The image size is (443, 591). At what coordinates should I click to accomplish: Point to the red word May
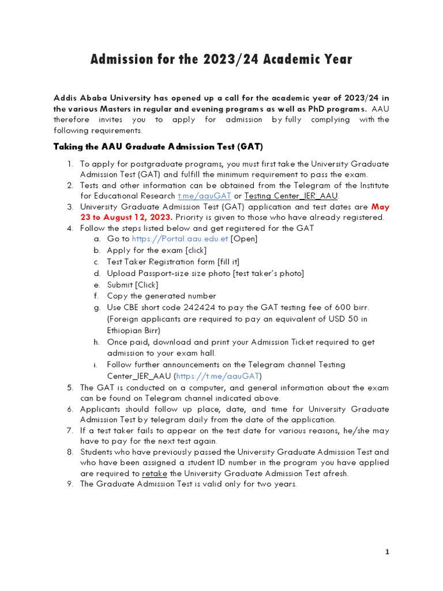coord(380,206)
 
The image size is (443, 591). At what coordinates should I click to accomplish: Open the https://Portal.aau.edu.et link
coord(180,239)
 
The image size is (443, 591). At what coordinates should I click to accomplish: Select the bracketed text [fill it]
coord(228,261)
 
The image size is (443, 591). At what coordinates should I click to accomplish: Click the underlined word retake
coord(154,473)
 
